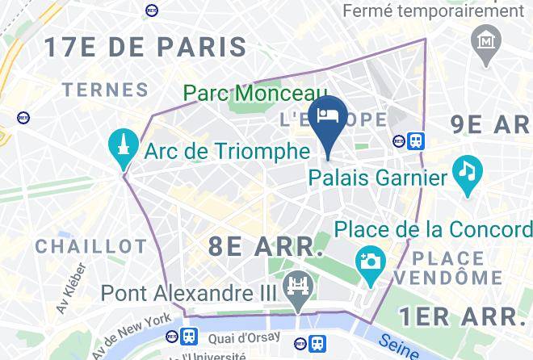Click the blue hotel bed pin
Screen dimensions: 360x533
pos(329,116)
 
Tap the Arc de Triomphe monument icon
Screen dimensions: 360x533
pos(124,146)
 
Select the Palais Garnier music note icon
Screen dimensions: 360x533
pos(467,171)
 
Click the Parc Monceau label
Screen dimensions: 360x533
pos(254,94)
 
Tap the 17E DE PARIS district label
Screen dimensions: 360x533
pos(145,46)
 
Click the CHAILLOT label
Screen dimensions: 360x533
pos(90,245)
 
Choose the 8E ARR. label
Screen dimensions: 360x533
pos(266,246)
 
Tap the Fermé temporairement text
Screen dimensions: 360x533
pos(433,11)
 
